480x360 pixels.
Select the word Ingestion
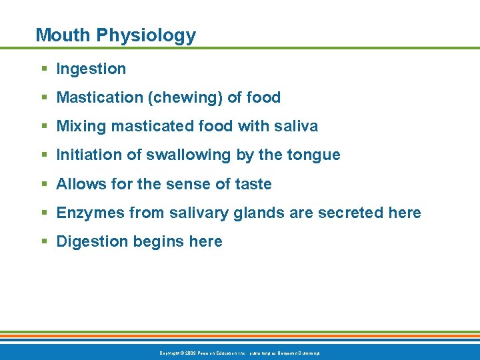coord(91,69)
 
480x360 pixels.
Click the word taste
coord(253,184)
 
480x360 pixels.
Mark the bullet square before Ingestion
coord(43,69)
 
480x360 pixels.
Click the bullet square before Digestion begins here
coord(43,242)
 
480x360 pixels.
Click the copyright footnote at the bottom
coord(240,353)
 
